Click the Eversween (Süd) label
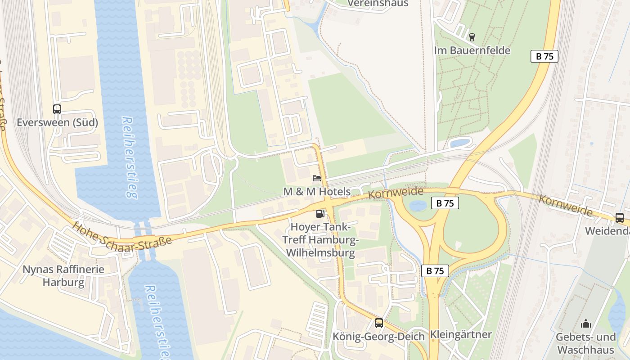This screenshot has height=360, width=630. tap(57, 122)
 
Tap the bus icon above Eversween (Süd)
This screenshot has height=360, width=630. tap(57, 109)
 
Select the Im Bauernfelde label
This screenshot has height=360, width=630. tap(472, 50)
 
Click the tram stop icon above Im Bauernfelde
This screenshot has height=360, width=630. tap(472, 37)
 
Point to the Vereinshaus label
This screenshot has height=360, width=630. tap(378, 4)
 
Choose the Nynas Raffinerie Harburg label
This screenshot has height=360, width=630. tap(63, 276)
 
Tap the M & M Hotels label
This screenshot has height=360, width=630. tap(317, 192)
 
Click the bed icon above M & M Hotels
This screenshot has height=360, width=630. tap(317, 178)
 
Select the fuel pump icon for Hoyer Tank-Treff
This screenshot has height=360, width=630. tap(320, 214)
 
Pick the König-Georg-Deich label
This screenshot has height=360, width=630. tap(378, 337)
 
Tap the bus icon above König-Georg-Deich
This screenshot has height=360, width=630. tap(379, 323)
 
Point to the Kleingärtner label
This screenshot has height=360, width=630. tap(461, 335)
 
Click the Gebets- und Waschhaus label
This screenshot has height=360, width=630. tap(585, 343)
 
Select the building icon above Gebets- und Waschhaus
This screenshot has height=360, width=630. tap(585, 324)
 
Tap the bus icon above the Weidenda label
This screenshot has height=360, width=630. tap(620, 218)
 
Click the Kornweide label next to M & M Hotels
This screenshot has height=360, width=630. tap(396, 193)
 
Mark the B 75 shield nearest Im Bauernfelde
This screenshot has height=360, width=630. tap(544, 56)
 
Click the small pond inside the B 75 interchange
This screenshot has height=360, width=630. tap(418, 206)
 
